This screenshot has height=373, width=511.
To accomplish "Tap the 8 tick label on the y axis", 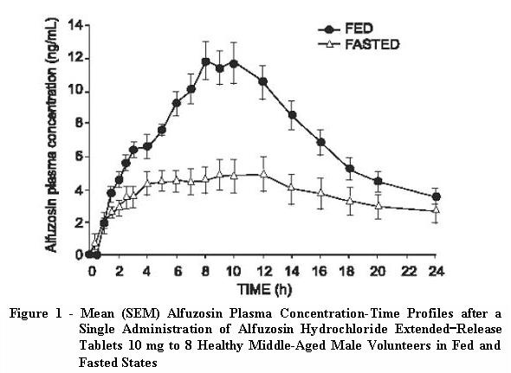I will point(76,123).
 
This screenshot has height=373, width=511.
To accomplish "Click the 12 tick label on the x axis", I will point(262,269).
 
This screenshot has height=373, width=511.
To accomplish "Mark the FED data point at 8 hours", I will point(205,61).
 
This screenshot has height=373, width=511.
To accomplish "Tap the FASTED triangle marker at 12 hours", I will point(262,174).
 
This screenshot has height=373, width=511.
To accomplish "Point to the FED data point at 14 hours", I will point(292,115).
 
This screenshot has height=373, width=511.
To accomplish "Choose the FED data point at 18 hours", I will point(349,169).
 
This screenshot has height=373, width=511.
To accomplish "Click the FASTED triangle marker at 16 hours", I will point(320,192).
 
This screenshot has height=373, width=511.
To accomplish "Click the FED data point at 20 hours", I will point(378,181).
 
